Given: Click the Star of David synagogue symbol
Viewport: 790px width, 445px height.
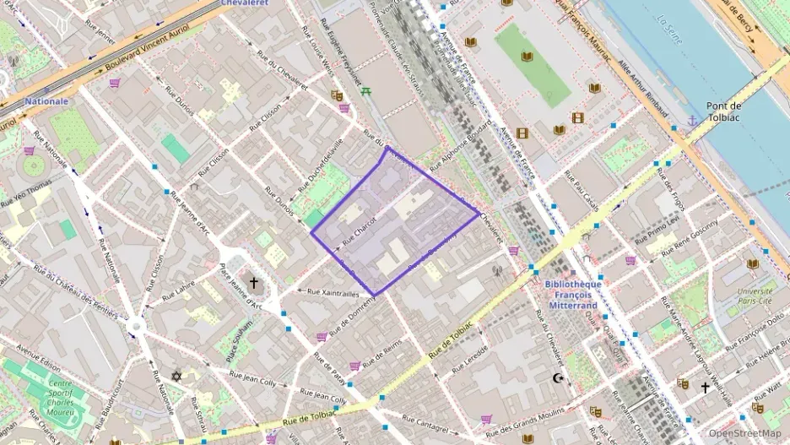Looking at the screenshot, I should [x=176, y=375].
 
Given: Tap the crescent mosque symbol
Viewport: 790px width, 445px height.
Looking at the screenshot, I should [x=556, y=377].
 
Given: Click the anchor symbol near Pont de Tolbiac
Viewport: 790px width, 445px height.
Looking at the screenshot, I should [x=692, y=122].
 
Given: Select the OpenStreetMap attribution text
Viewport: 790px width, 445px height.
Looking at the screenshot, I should [x=745, y=433].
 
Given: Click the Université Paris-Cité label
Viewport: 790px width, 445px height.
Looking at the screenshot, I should [x=755, y=296].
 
